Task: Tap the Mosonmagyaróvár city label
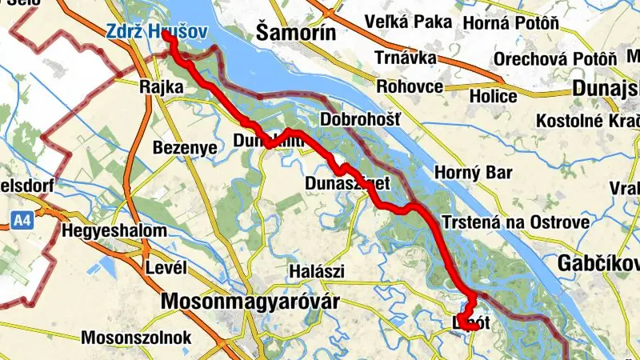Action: [x=250, y=302]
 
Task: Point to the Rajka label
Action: [x=158, y=86]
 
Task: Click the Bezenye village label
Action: [x=185, y=149]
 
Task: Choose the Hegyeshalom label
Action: [x=114, y=231]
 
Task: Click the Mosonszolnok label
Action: [x=137, y=337]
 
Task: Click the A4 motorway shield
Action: [x=22, y=218]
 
